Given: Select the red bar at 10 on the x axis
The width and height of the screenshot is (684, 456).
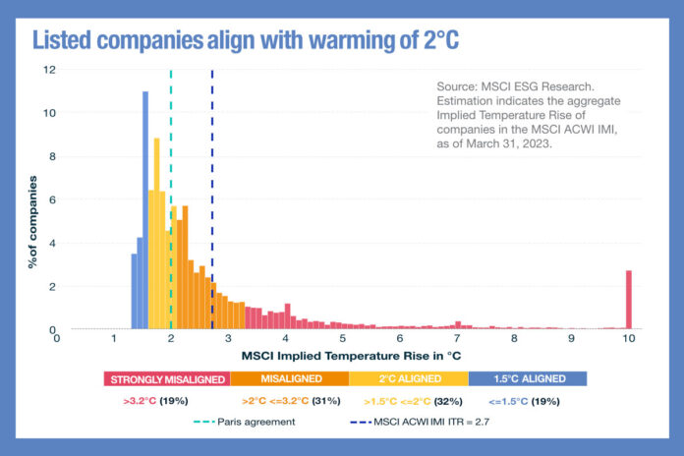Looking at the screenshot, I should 629,300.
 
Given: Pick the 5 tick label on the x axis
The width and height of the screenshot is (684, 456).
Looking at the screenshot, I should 343,337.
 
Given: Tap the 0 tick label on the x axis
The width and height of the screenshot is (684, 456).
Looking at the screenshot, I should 57,337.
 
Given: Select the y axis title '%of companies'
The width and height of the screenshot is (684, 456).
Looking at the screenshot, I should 31,221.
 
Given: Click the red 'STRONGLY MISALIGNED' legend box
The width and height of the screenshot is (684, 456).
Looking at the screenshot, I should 166,378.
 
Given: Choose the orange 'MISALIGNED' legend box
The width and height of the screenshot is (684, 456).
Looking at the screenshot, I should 290,378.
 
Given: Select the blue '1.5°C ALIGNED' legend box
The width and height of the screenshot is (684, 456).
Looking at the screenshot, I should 528,378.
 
